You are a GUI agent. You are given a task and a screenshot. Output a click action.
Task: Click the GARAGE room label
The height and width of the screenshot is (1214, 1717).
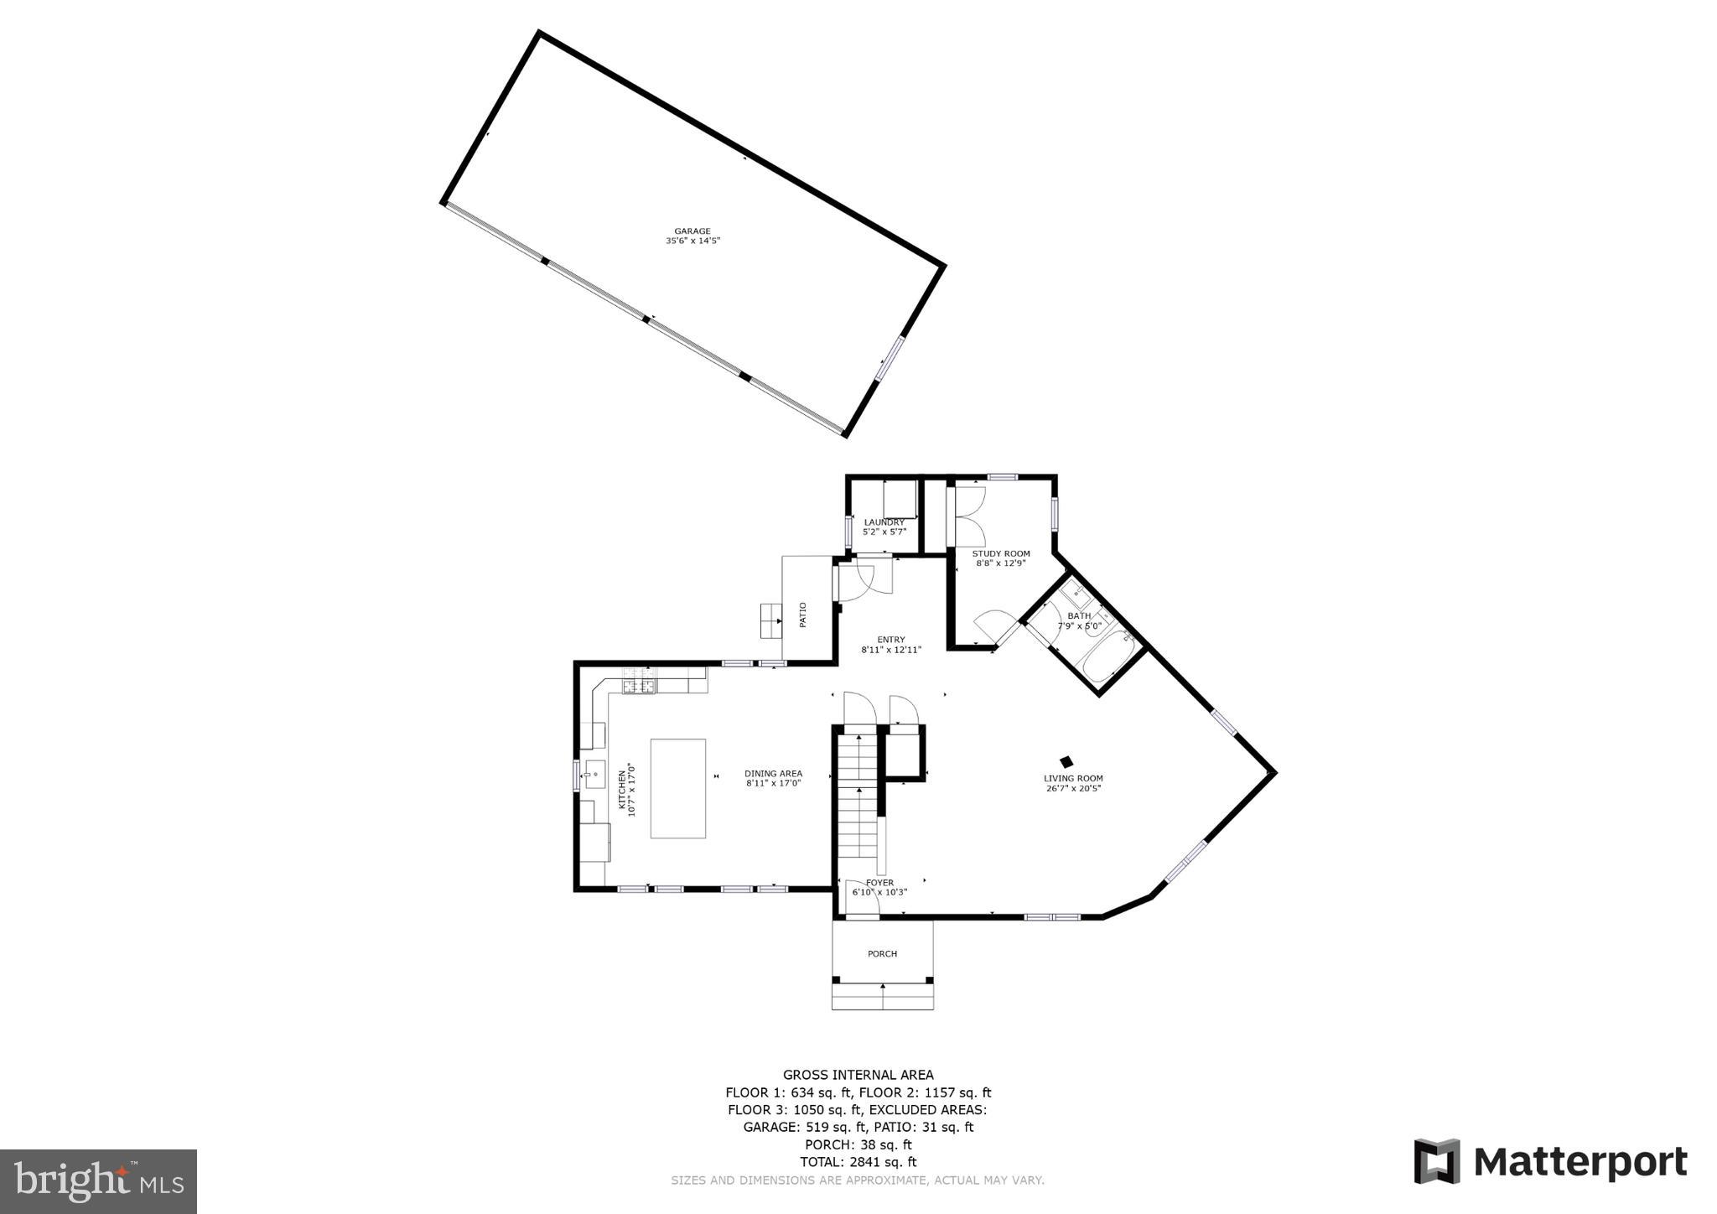(693, 231)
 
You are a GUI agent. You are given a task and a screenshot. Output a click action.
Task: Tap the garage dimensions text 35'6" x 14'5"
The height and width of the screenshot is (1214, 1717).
(693, 241)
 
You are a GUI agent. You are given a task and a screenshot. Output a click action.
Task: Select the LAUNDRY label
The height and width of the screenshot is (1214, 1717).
(884, 522)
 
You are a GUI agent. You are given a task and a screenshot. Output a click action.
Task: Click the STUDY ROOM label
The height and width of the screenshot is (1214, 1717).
(1001, 554)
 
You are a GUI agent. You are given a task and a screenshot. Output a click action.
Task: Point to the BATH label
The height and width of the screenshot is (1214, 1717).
(1079, 616)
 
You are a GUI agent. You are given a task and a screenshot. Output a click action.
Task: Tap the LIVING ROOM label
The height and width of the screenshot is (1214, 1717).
(1073, 778)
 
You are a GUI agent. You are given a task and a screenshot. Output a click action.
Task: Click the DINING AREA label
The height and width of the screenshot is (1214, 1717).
(773, 774)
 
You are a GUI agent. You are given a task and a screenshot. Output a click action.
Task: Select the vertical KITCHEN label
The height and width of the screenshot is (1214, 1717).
(622, 789)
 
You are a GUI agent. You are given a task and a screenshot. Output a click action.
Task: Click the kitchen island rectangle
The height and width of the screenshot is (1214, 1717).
(678, 788)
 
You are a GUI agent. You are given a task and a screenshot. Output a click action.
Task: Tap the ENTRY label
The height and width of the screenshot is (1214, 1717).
(891, 640)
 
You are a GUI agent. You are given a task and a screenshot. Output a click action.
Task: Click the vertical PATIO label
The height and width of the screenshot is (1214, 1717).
(802, 615)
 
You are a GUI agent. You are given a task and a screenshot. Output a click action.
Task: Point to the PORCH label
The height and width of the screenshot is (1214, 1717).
(882, 954)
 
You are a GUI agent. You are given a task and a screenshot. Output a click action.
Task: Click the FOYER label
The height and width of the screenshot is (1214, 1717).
(879, 883)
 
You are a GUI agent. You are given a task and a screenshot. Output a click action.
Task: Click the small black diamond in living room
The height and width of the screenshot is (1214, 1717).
(1066, 762)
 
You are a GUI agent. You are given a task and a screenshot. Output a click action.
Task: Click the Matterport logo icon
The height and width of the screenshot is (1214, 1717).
(1436, 1161)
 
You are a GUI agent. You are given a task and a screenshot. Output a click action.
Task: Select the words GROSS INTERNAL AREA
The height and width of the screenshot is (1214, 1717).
(858, 1075)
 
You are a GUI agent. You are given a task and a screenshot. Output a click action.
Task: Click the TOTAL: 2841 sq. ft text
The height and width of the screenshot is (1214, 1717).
(858, 1162)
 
